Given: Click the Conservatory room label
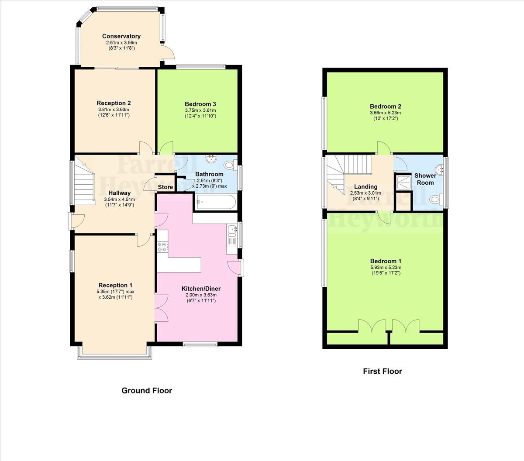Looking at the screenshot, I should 121,36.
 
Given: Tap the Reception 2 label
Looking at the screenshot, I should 114,103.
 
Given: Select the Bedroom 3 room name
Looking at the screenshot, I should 200,104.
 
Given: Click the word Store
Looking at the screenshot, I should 165,187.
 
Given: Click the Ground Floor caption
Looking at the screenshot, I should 147,391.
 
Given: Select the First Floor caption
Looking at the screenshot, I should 383,372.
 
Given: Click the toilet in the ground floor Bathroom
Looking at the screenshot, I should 229,165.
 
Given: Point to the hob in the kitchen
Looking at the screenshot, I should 162,247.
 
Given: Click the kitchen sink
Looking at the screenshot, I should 231,229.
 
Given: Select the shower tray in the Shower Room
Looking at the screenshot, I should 403,182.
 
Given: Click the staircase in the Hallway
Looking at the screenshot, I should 85,183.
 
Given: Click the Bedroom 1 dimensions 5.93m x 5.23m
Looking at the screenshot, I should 386,268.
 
